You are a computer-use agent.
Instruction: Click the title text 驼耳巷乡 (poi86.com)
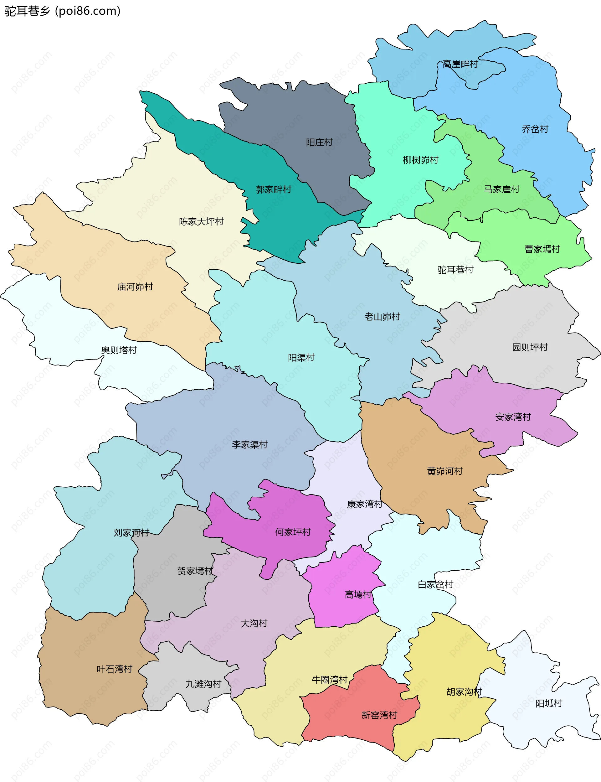(x=63, y=11)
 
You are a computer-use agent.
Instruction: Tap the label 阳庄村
(x=319, y=142)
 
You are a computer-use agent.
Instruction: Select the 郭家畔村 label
(x=273, y=189)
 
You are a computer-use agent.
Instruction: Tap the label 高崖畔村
(x=460, y=65)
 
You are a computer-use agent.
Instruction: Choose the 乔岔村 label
(x=535, y=129)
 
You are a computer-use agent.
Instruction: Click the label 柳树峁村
(x=420, y=160)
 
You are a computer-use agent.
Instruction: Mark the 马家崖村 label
(x=501, y=189)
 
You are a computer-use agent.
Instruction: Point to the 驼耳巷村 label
(x=455, y=270)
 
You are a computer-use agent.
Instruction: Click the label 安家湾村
(x=513, y=417)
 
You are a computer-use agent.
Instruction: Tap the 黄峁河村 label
(x=445, y=471)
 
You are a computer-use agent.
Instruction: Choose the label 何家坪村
(x=293, y=532)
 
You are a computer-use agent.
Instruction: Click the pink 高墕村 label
(x=358, y=594)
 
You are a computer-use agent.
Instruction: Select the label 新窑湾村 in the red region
(x=379, y=715)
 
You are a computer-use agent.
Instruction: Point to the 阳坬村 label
(x=549, y=703)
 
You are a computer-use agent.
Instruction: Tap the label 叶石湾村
(x=115, y=669)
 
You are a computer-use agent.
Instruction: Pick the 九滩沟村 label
(x=203, y=684)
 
